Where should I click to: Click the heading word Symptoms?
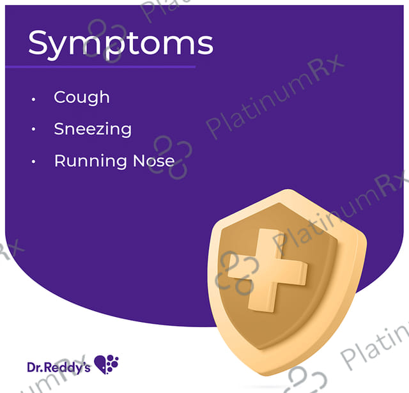click(x=120, y=43)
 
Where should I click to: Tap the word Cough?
click(x=82, y=97)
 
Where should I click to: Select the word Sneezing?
click(x=93, y=129)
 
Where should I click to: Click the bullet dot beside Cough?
click(x=33, y=99)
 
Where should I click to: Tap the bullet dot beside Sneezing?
click(x=33, y=130)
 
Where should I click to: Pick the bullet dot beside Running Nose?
click(x=33, y=162)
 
